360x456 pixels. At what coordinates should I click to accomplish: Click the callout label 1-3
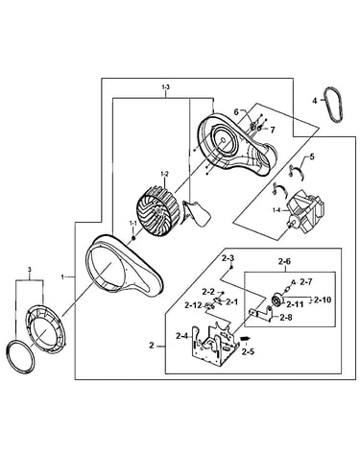point(165,86)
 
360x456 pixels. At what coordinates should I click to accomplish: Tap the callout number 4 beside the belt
point(315,101)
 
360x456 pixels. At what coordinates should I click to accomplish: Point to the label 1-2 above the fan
point(165,175)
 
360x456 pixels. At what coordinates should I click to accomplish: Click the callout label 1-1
point(132,223)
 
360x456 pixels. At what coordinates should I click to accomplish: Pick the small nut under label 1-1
point(133,238)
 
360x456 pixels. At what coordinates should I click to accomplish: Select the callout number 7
point(273,130)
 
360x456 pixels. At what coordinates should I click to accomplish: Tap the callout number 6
point(236,111)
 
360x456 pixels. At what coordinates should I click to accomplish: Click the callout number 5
point(312,156)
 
